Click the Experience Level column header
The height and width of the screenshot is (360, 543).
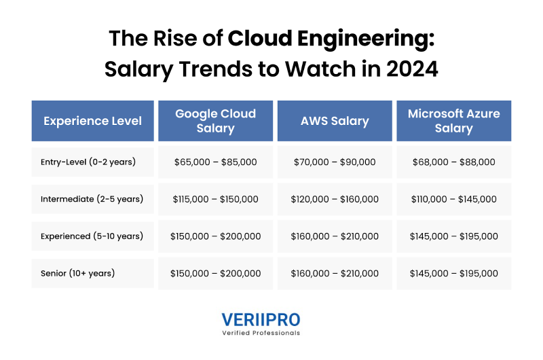click(x=93, y=121)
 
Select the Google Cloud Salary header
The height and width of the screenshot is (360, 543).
click(x=215, y=121)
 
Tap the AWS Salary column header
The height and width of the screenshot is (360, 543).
click(x=335, y=121)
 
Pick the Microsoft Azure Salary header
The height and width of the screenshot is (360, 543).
click(x=453, y=121)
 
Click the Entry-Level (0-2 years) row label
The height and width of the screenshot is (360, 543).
click(x=88, y=162)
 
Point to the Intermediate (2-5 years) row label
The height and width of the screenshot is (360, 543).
click(x=92, y=199)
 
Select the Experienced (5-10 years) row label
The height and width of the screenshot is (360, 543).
click(x=92, y=236)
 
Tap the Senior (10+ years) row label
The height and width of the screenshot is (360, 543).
click(x=78, y=273)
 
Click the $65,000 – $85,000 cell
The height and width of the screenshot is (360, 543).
click(x=215, y=162)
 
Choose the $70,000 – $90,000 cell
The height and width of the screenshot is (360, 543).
click(x=335, y=162)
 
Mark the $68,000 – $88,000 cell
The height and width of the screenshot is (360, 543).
click(x=453, y=162)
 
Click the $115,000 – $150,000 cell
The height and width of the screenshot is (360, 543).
click(x=215, y=199)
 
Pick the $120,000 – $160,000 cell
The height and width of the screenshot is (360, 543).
click(x=335, y=199)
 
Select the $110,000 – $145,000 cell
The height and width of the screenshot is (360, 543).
click(x=453, y=199)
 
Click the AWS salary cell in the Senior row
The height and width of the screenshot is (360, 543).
click(x=335, y=273)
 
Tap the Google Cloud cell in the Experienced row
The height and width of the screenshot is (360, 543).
click(x=215, y=236)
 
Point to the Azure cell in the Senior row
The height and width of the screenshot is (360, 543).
click(x=453, y=273)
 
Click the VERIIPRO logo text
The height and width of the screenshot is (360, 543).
click(x=261, y=320)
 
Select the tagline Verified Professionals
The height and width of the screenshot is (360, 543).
click(x=261, y=333)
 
